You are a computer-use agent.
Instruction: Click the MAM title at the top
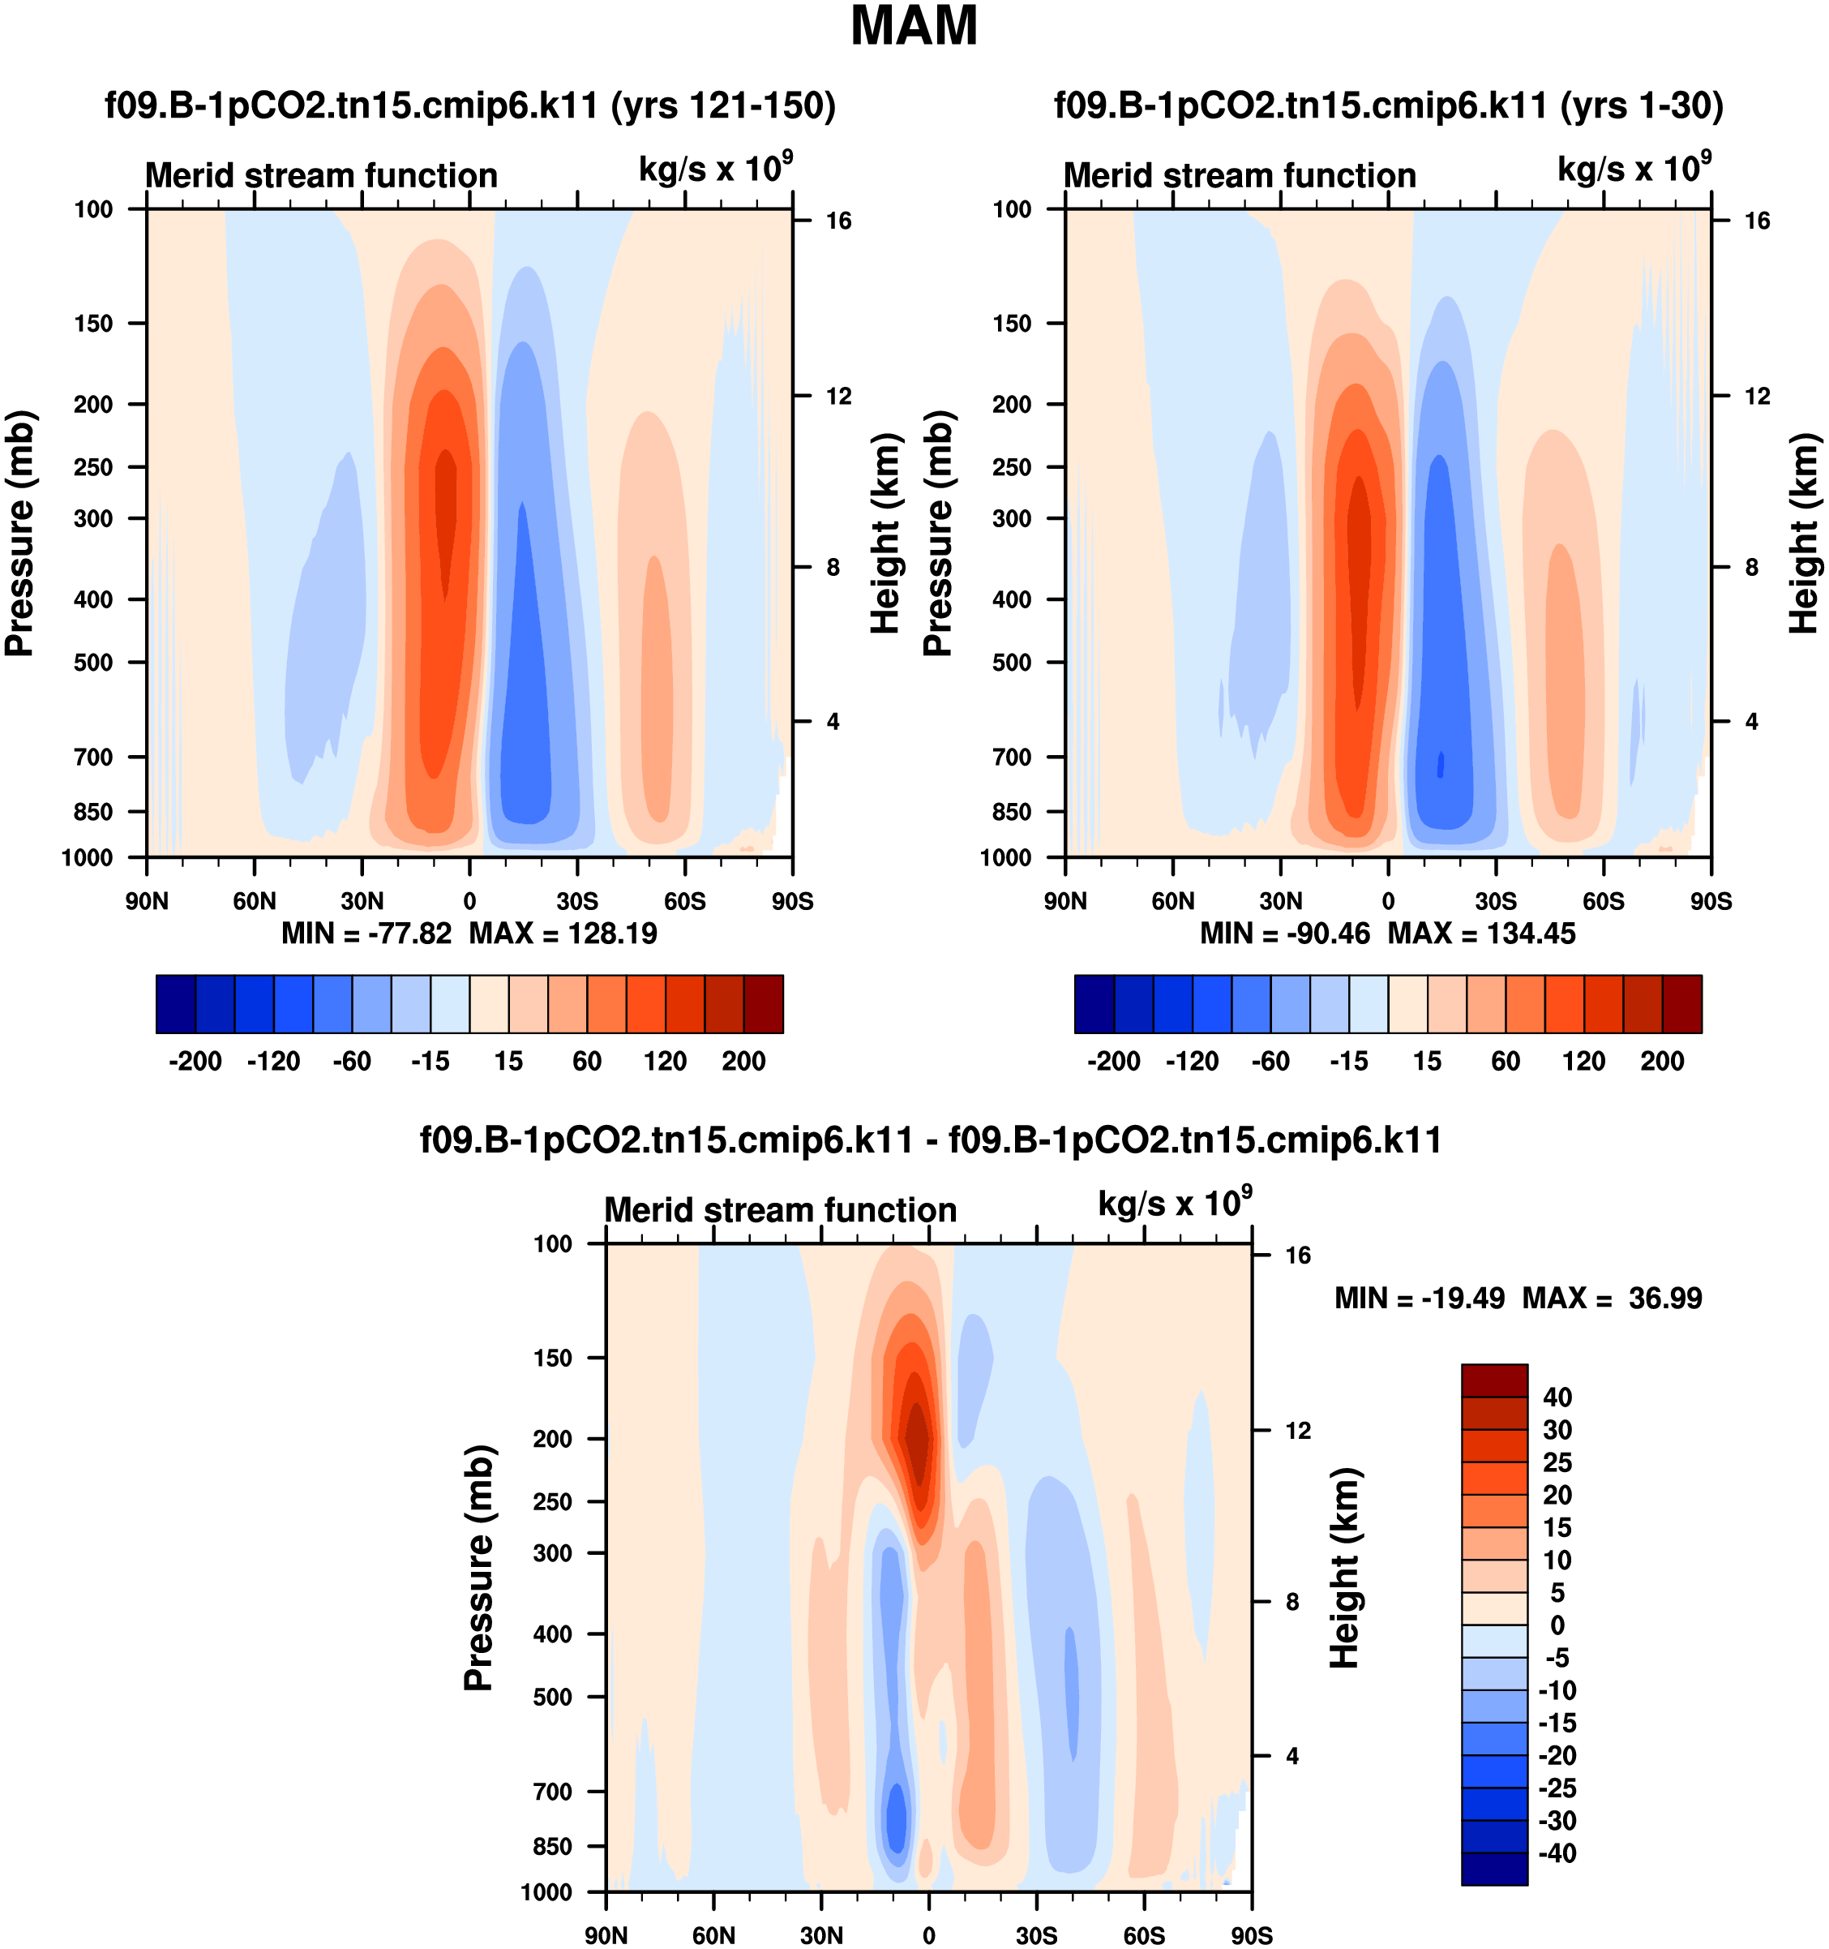pos(914,28)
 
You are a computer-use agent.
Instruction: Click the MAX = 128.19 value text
pos(563,934)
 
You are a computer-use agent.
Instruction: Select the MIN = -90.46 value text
pos(1285,934)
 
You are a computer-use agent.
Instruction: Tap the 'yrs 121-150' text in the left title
pos(722,105)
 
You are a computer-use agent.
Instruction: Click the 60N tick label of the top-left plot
pos(255,901)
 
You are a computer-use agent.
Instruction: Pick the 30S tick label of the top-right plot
pos(1496,901)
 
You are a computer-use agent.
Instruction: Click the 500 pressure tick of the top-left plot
pos(94,663)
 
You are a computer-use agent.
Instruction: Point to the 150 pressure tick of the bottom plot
pos(553,1359)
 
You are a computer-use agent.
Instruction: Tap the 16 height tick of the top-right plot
pos(1758,221)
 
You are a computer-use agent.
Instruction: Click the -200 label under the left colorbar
pos(195,1062)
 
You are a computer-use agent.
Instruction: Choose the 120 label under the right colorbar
pos(1584,1062)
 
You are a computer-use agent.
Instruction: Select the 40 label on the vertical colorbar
pos(1557,1397)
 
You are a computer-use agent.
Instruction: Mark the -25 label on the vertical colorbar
pos(1556,1789)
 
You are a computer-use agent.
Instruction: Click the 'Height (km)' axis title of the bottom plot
pos(1346,1569)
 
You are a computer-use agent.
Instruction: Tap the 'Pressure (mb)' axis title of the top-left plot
pos(20,534)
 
